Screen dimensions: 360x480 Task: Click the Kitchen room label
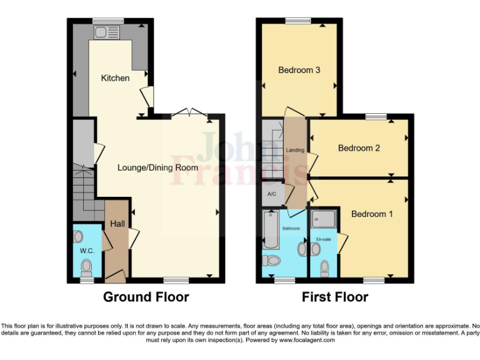[x=116, y=78]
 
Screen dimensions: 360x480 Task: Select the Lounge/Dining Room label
[x=157, y=167]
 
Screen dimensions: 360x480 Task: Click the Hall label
[x=117, y=224]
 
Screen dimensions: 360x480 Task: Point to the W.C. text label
[x=86, y=251]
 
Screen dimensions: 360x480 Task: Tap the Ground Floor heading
[x=146, y=297]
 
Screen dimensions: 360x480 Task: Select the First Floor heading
[x=335, y=297]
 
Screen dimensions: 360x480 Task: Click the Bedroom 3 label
[x=299, y=70]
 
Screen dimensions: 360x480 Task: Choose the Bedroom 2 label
[x=359, y=148]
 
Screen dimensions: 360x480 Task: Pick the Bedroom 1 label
[x=372, y=214]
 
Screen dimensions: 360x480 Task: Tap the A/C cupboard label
[x=272, y=194]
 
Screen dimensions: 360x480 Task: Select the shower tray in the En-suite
[x=324, y=219]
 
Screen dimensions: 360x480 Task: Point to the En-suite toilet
[x=324, y=268]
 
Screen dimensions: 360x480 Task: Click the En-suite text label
[x=324, y=239]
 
